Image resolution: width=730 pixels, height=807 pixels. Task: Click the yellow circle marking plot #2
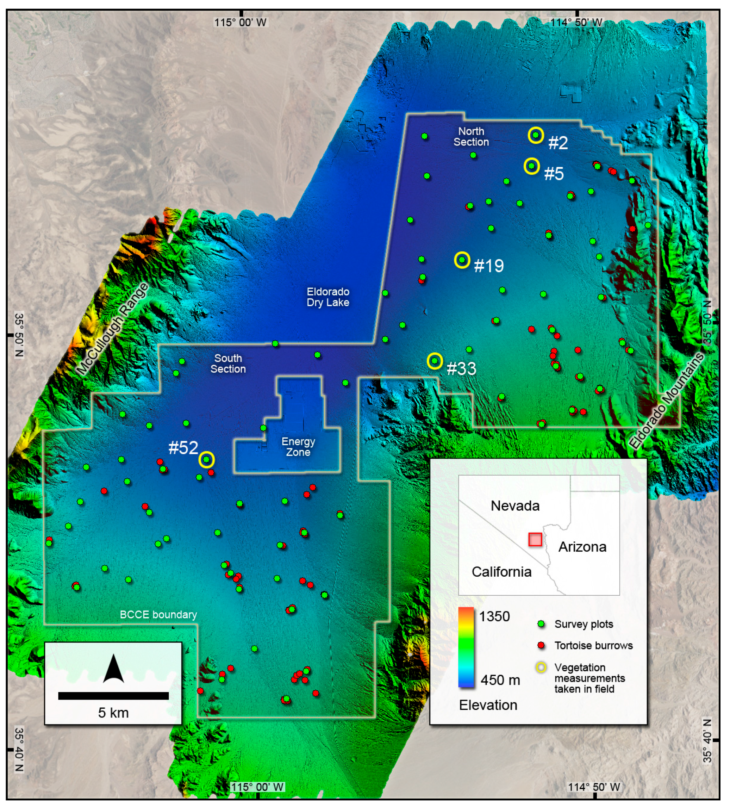pyautogui.click(x=536, y=135)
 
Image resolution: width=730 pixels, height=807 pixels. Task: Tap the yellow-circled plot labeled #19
pyautogui.click(x=462, y=260)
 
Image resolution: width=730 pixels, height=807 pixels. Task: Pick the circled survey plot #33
pyautogui.click(x=435, y=361)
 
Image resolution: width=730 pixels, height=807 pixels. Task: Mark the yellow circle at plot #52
pyautogui.click(x=206, y=460)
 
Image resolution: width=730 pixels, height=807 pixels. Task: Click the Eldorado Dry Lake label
pyautogui.click(x=328, y=297)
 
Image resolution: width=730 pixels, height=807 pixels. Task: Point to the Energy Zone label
pyautogui.click(x=298, y=447)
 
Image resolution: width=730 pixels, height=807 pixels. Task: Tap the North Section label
pyautogui.click(x=471, y=137)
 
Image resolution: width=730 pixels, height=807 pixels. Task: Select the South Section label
pyautogui.click(x=228, y=364)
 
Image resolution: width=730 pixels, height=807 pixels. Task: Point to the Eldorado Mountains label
pyautogui.click(x=666, y=400)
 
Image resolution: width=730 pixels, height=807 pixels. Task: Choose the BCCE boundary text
pyautogui.click(x=158, y=615)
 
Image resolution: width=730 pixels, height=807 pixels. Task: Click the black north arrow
pyautogui.click(x=113, y=669)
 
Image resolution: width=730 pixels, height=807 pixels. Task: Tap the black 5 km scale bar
pyautogui.click(x=113, y=696)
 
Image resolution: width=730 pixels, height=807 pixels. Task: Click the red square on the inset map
pyautogui.click(x=535, y=539)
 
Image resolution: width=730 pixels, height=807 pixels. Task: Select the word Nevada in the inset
pyautogui.click(x=515, y=506)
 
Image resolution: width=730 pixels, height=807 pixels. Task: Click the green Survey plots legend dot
pyautogui.click(x=541, y=624)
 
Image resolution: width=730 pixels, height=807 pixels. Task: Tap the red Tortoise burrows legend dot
pyautogui.click(x=541, y=645)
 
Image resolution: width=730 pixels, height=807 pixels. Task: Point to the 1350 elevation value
pyautogui.click(x=494, y=616)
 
